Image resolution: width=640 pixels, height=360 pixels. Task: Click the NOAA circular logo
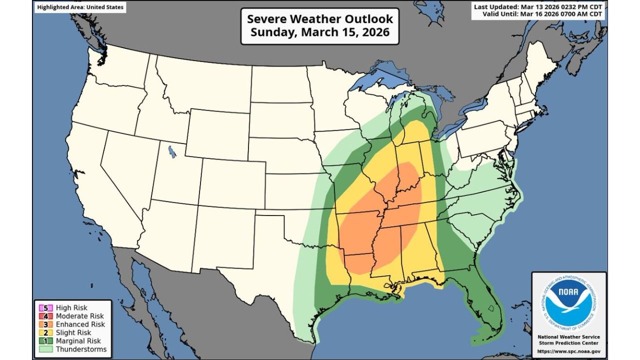point(568,302)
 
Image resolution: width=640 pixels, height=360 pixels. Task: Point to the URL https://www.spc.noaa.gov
point(569,351)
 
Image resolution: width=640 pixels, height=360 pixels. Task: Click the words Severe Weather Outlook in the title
point(320,19)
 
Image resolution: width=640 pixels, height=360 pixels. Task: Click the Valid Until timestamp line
point(543,14)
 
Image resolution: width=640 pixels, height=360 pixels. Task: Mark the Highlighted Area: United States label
point(80,7)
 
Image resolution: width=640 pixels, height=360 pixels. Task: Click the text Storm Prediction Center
point(569,343)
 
